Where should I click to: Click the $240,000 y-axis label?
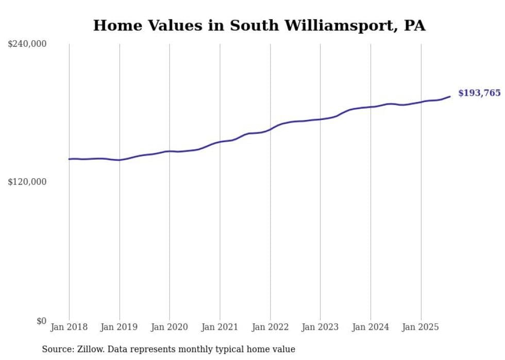pos(27,44)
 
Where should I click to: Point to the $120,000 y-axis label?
pos(27,182)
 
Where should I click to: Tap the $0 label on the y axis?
pos(41,321)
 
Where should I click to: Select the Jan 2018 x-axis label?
pos(69,328)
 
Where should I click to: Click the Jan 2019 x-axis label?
pos(120,328)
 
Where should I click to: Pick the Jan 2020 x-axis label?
pos(170,328)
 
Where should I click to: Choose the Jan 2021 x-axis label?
pos(220,328)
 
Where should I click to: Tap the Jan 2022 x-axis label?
pos(270,328)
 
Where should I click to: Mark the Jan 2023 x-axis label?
pos(320,328)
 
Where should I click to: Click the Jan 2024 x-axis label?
pos(371,328)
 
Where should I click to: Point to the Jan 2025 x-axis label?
pos(421,328)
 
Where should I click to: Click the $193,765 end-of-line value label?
pos(479,93)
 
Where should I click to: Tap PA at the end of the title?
pos(415,26)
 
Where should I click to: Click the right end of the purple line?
pos(450,96)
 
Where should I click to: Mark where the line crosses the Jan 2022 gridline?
pos(270,129)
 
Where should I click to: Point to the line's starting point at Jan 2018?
pos(69,159)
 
